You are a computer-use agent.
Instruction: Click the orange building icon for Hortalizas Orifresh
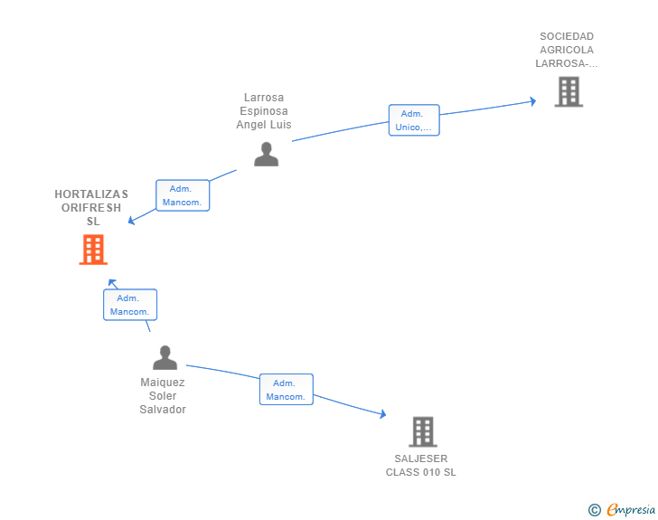tap(93, 250)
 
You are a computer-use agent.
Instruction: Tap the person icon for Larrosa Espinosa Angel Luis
tap(266, 154)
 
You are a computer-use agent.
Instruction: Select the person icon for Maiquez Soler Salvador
tap(164, 357)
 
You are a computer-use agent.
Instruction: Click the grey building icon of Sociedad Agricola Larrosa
tap(568, 91)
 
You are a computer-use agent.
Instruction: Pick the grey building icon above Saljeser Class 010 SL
tap(422, 431)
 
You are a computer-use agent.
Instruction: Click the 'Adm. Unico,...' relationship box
tap(414, 120)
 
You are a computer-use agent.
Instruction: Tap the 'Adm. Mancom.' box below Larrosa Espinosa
tap(183, 195)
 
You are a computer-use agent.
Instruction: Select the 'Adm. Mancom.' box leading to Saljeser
tap(287, 390)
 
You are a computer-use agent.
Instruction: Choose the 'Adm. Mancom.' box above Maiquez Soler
tap(130, 305)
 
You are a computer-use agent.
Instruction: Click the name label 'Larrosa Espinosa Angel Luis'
tap(264, 111)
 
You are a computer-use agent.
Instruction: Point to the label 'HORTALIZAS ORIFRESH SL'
tap(91, 207)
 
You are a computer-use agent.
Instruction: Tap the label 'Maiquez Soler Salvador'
tap(163, 396)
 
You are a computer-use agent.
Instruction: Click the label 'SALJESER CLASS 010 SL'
tap(421, 466)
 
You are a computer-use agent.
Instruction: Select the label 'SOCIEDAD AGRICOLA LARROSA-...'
tap(567, 51)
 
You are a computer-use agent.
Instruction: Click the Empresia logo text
tap(631, 510)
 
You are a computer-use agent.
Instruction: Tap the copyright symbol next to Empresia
tap(594, 510)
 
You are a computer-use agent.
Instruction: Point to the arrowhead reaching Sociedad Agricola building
tap(533, 101)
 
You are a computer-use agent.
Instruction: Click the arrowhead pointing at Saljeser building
tap(382, 414)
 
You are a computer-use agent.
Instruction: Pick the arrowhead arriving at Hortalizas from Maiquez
tap(113, 284)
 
